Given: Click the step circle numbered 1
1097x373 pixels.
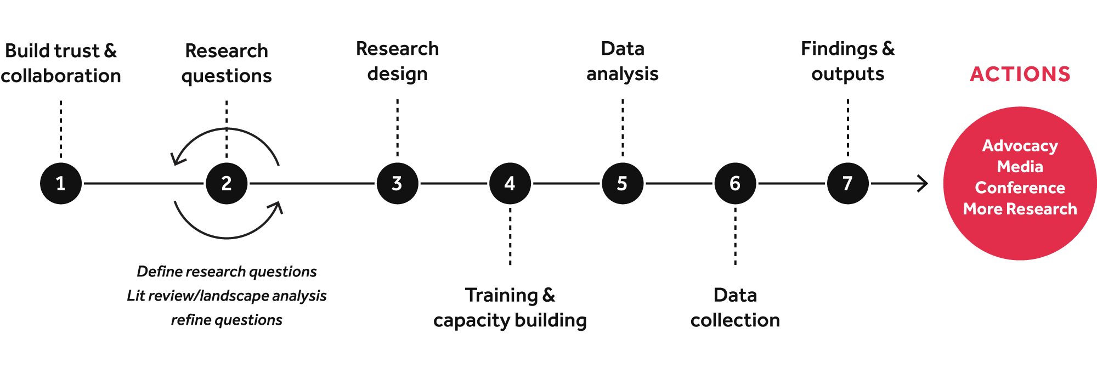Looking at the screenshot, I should pyautogui.click(x=61, y=183).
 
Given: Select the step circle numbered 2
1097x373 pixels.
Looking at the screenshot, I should pyautogui.click(x=227, y=183).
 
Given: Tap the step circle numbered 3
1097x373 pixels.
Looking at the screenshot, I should pyautogui.click(x=398, y=183).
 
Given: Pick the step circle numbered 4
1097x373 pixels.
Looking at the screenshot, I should pyautogui.click(x=510, y=183).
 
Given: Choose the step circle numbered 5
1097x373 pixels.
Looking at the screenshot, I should pyautogui.click(x=623, y=183).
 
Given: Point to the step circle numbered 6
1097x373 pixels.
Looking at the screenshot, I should pyautogui.click(x=735, y=183).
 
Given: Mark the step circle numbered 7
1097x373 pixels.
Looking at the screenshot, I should pyautogui.click(x=847, y=183).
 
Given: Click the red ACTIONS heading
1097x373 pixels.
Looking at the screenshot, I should pyautogui.click(x=1020, y=74).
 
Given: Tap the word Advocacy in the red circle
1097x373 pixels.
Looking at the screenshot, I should pyautogui.click(x=1020, y=145).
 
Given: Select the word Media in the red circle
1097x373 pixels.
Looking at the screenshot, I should pyautogui.click(x=1020, y=166).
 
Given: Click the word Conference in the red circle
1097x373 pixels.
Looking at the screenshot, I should pyautogui.click(x=1020, y=188).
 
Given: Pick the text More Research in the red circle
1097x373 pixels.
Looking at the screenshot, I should pyautogui.click(x=1020, y=209).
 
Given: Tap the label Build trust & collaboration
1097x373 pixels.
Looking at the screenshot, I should pyautogui.click(x=61, y=63).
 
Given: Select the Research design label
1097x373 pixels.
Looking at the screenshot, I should pyautogui.click(x=398, y=61).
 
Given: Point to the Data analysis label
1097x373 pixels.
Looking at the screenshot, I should pyautogui.click(x=623, y=61).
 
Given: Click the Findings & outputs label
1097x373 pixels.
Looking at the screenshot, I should pyautogui.click(x=847, y=61).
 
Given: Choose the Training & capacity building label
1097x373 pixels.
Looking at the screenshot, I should pyautogui.click(x=510, y=308).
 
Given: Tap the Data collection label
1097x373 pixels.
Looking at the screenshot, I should pyautogui.click(x=735, y=308).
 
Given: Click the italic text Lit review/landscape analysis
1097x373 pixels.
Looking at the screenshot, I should pyautogui.click(x=227, y=296).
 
